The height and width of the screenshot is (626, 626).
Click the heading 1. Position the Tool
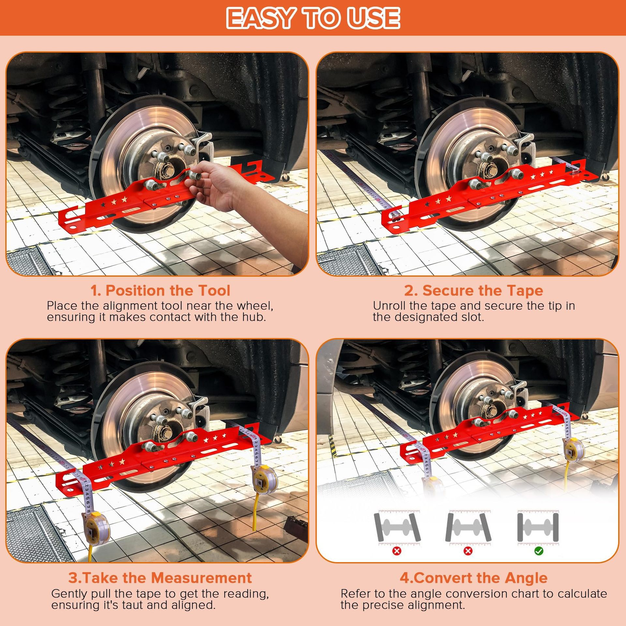click(x=160, y=290)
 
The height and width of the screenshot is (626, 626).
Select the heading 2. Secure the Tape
click(x=473, y=290)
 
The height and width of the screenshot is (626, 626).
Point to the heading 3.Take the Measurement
click(x=160, y=577)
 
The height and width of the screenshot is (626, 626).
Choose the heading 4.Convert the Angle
click(x=473, y=577)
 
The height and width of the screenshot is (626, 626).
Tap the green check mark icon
click(x=539, y=551)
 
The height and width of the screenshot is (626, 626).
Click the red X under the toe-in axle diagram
click(x=397, y=551)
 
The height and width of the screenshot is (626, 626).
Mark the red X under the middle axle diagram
click(x=468, y=551)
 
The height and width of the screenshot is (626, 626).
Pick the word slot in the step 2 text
click(x=471, y=317)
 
